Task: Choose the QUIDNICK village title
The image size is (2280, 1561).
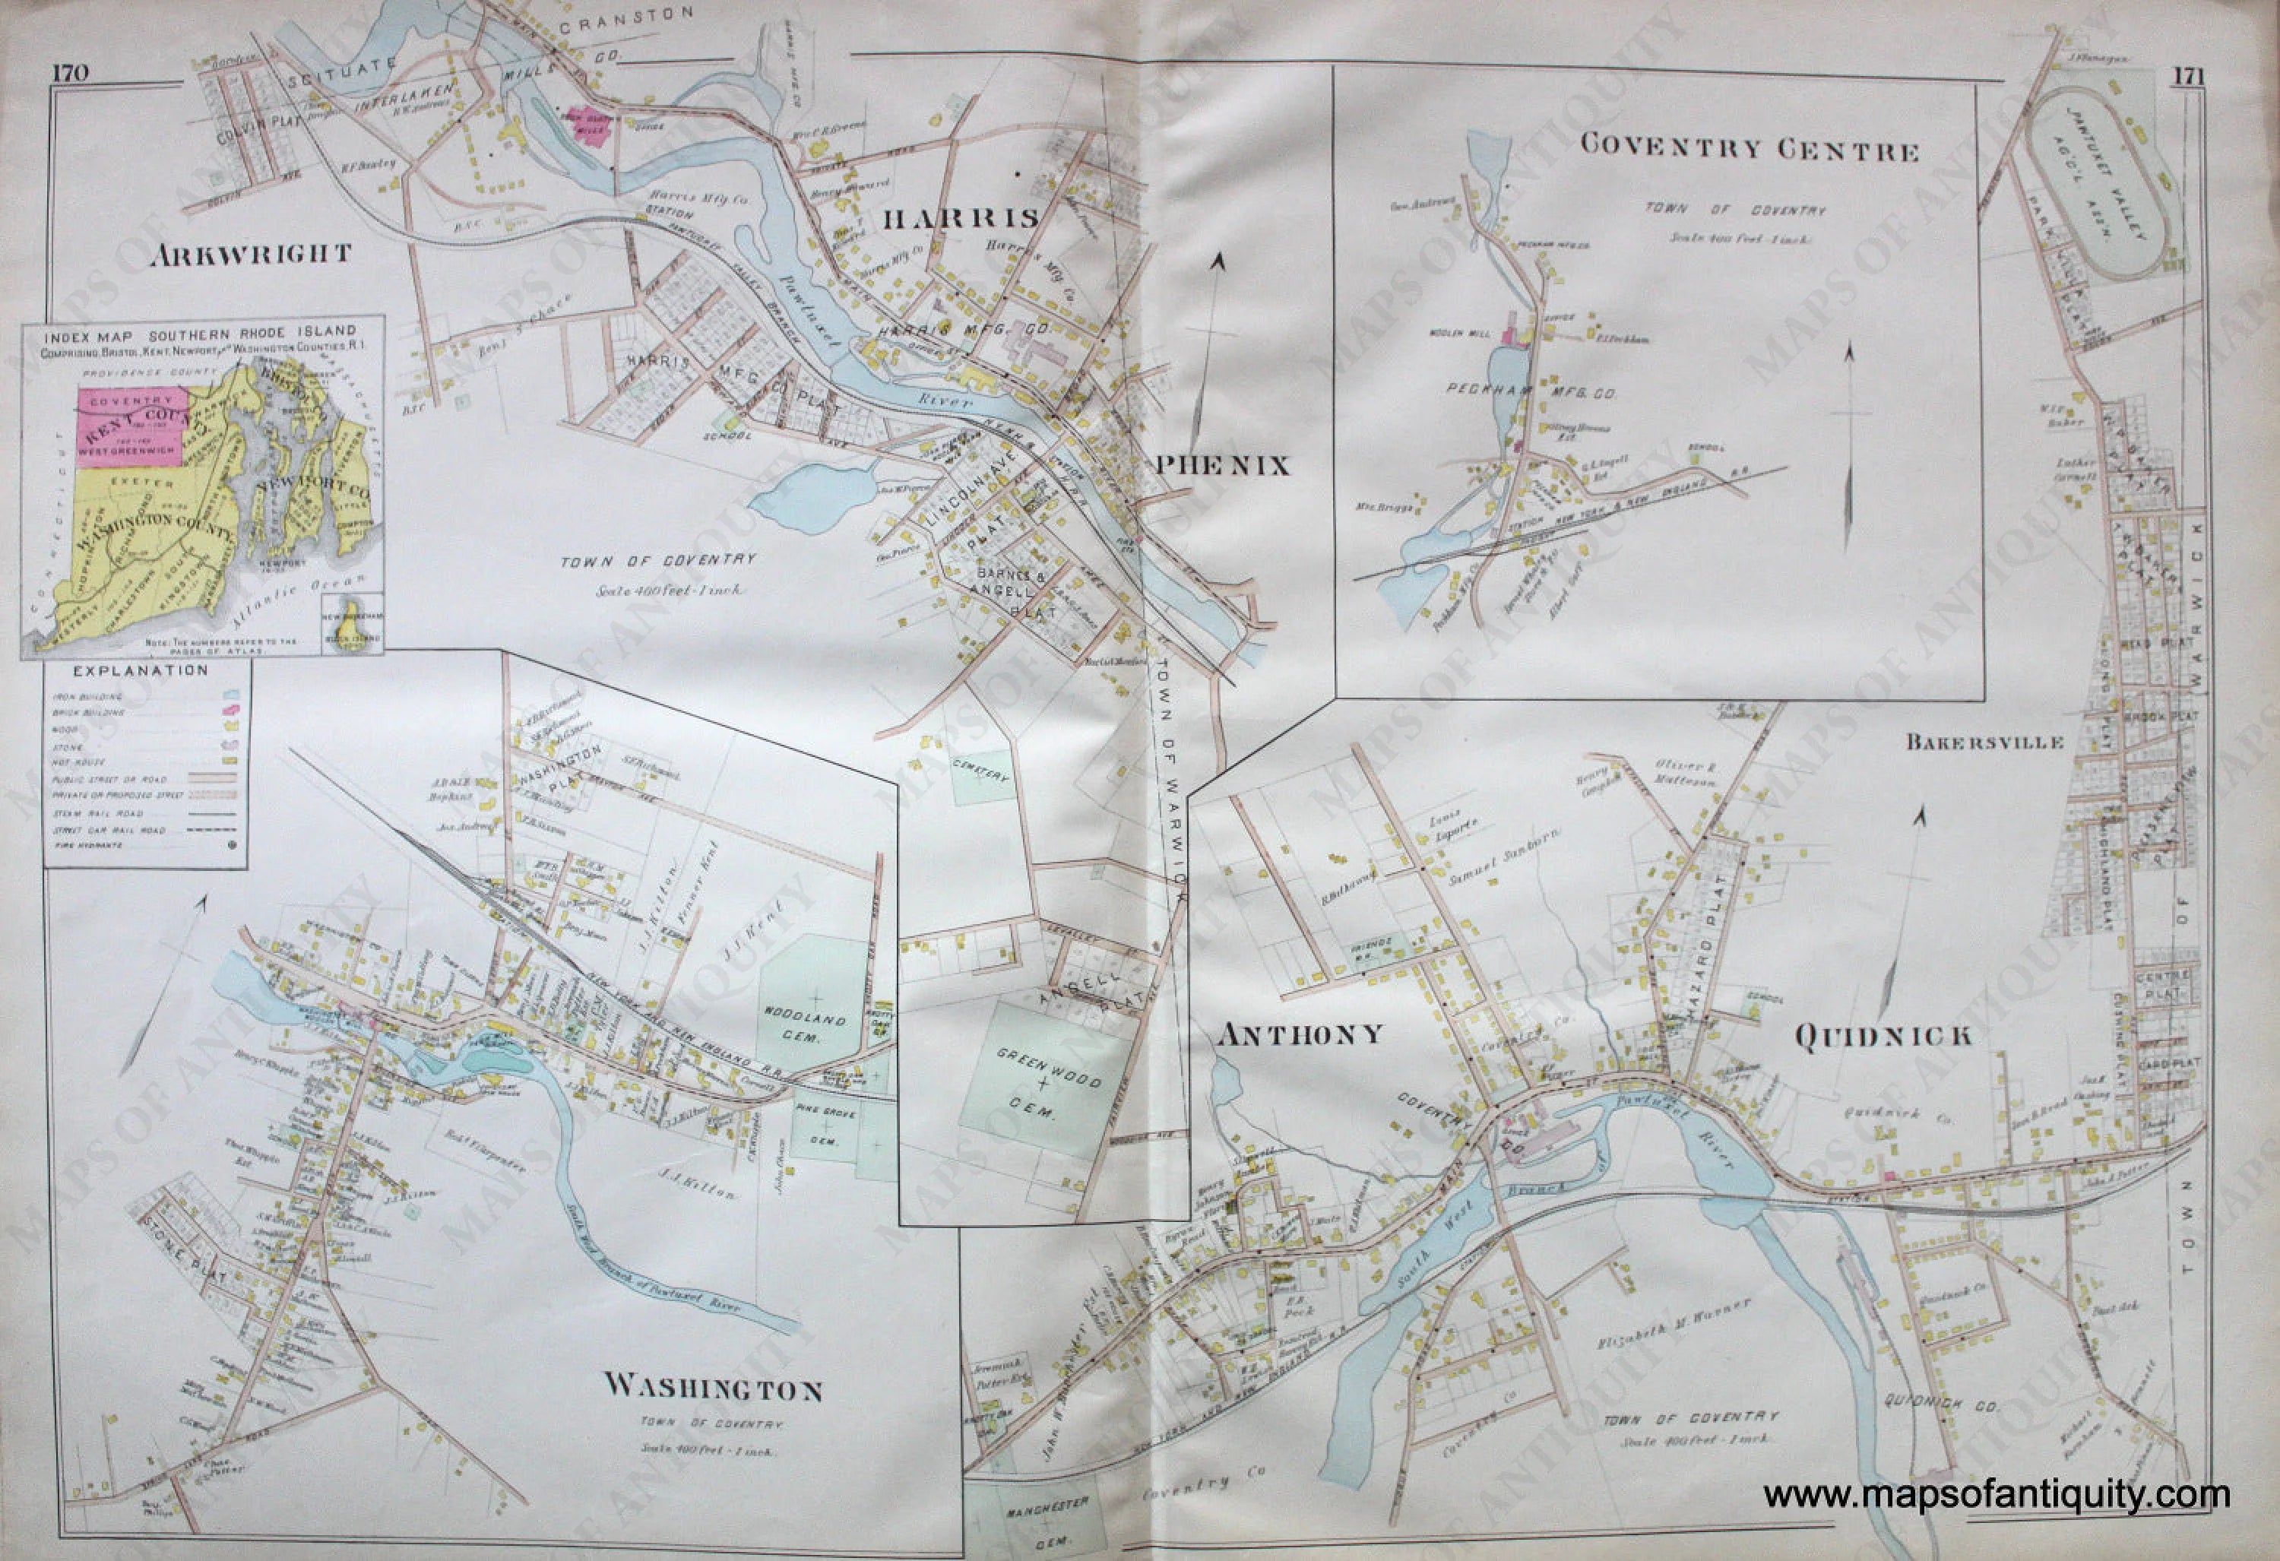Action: click(1883, 1036)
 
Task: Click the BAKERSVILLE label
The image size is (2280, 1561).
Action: click(1984, 742)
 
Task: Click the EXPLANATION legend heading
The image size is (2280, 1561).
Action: click(141, 671)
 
